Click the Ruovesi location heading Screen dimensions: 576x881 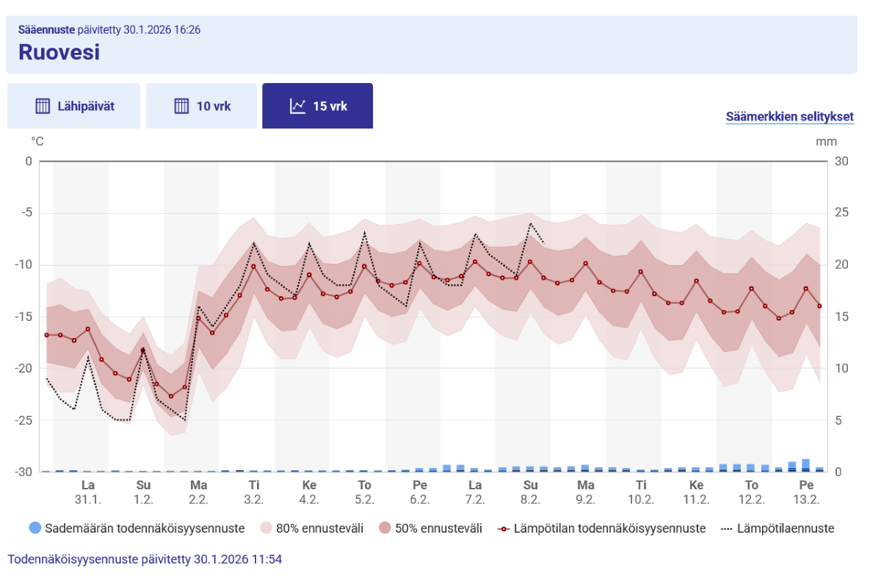pos(59,52)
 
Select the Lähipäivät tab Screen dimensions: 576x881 pos(74,106)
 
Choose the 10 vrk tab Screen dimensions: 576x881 pos(202,106)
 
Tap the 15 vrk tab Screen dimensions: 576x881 pos(318,106)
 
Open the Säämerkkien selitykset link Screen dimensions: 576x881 pos(789,117)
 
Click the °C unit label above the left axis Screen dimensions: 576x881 pos(37,141)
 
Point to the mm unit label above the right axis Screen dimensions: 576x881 pos(826,141)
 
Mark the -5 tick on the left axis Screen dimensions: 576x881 pos(29,213)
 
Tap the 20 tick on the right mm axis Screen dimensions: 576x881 pos(842,264)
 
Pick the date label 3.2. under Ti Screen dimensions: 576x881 pos(254,499)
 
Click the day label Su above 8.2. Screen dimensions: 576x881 pos(531,485)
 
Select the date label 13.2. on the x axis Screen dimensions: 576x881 pos(807,499)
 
